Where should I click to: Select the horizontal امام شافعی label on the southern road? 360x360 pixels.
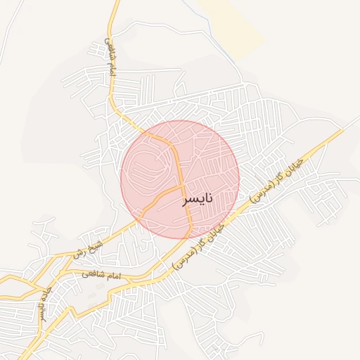point(102,274)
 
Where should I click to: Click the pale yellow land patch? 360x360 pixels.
point(232,25)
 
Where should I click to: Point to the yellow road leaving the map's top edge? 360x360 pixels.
point(117,4)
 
